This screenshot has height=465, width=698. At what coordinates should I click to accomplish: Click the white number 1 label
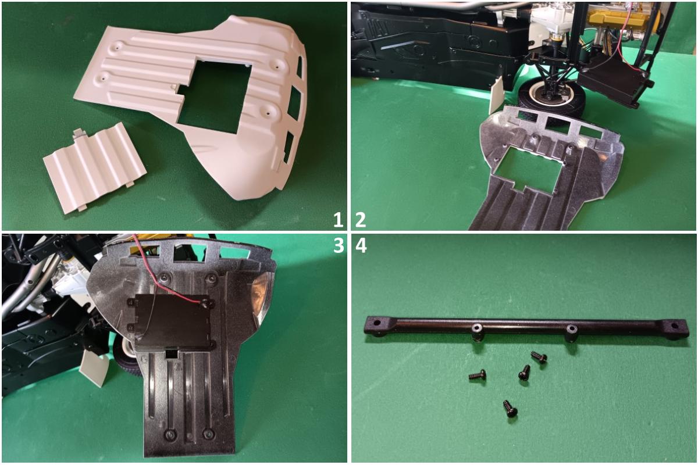pyautogui.click(x=338, y=220)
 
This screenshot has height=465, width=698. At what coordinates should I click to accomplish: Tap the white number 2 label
pyautogui.click(x=360, y=220)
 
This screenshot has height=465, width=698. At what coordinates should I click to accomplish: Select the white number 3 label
pyautogui.click(x=339, y=246)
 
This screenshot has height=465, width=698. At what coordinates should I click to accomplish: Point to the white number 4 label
pyautogui.click(x=361, y=246)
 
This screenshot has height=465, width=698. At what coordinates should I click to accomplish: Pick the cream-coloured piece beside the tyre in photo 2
pyautogui.click(x=496, y=95)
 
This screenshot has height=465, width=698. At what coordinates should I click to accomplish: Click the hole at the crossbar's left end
pyautogui.click(x=378, y=323)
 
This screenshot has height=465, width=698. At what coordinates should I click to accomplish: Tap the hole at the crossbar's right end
pyautogui.click(x=675, y=335)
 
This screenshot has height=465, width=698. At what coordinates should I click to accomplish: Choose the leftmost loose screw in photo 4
pyautogui.click(x=478, y=375)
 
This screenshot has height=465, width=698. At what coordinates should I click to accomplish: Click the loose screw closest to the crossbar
pyautogui.click(x=539, y=357)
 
